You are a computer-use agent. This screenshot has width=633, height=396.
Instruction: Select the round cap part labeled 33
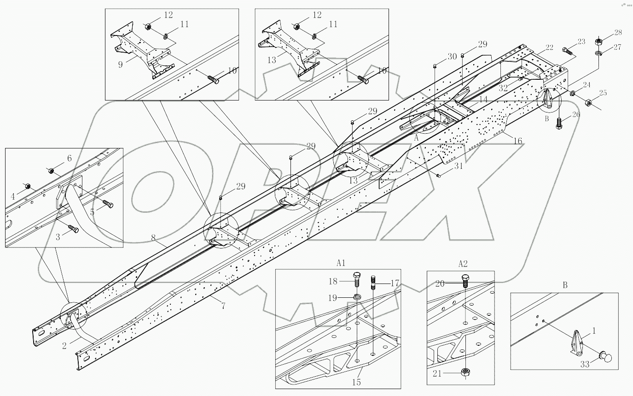607,357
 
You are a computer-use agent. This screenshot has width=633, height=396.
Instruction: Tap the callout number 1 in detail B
594,331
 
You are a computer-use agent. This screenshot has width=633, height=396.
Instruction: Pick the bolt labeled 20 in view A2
465,279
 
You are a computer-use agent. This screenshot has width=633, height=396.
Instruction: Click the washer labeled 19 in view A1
357,296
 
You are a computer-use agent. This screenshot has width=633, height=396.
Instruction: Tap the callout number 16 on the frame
518,141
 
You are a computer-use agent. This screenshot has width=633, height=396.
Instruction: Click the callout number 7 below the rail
223,306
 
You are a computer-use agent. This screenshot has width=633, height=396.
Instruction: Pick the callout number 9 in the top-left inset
121,64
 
